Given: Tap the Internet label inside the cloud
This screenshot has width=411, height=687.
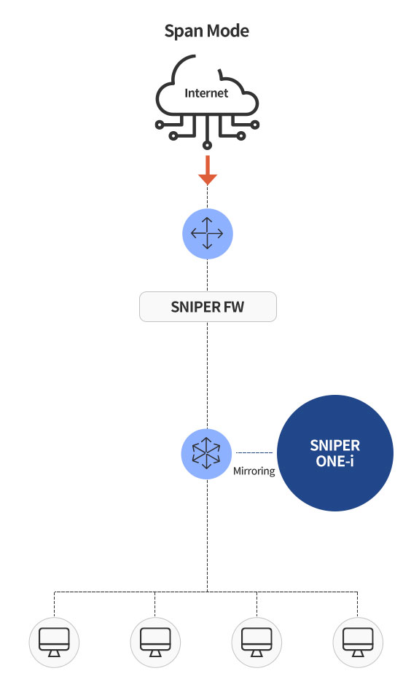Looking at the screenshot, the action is tap(206, 93).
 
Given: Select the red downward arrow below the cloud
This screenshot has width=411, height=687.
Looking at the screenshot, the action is tap(207, 170).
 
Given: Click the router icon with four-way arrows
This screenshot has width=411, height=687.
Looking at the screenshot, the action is tap(207, 234).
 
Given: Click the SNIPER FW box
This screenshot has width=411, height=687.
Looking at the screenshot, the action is tap(208, 307).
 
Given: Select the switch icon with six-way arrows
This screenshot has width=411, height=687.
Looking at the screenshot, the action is tap(206, 453).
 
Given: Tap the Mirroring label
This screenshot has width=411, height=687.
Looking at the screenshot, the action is tap(254, 471).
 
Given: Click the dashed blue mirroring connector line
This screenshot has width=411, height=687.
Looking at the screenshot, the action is tap(254, 452).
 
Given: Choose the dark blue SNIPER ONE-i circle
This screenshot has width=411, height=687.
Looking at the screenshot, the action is tap(335, 453).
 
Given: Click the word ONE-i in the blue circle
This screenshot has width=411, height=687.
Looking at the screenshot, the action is tap(334, 461).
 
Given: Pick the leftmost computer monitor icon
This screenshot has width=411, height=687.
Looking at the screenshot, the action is tap(54, 643).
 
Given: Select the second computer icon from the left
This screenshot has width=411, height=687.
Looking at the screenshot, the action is tap(155, 643).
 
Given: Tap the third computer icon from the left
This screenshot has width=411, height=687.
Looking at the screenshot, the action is tap(257, 643).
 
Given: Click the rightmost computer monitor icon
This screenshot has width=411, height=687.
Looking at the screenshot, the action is tap(358, 643).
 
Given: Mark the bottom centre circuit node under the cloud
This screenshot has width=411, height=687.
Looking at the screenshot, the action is tap(207, 145).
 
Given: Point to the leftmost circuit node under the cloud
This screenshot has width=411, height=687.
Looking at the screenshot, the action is tap(160, 125).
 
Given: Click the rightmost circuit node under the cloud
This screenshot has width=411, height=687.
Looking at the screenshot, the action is tap(254, 125).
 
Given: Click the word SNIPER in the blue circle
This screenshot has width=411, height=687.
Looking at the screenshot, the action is tap(334, 446).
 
